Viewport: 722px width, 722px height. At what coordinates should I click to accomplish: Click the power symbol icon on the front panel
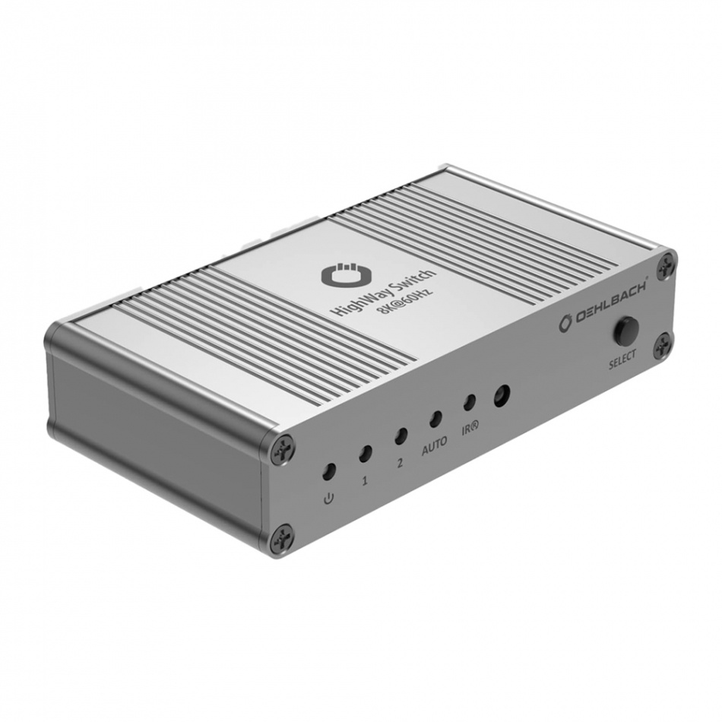pos(328,499)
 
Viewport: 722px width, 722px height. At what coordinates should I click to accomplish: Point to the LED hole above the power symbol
pos(328,471)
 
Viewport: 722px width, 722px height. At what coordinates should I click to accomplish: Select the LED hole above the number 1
pos(365,454)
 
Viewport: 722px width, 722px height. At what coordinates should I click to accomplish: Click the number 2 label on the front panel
pos(400,463)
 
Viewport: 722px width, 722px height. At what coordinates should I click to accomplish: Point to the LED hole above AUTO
pos(435,419)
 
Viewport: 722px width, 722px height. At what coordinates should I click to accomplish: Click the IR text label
pos(469,429)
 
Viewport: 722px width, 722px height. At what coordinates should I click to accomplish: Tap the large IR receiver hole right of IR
pos(501,395)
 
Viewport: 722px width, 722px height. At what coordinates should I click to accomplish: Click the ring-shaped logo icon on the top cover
pos(339,275)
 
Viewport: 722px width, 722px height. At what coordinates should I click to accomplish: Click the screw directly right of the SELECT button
pos(663,344)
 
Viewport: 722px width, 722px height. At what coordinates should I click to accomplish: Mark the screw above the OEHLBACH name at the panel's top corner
pos(665,264)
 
